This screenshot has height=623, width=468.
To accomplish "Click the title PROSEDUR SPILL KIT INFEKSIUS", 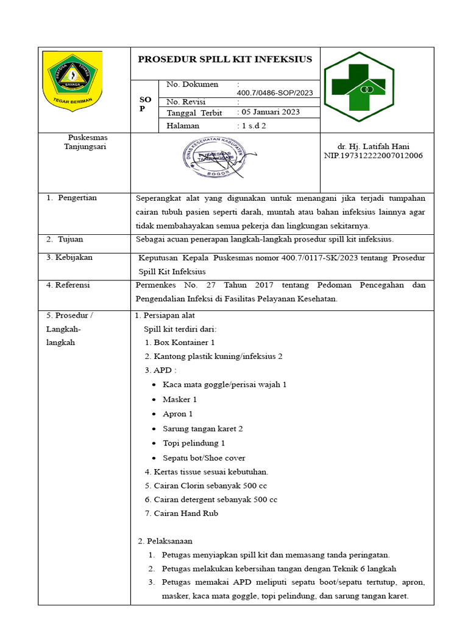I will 225,59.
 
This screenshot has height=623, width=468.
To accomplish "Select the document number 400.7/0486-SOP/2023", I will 277,92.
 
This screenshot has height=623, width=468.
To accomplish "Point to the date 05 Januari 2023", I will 271,113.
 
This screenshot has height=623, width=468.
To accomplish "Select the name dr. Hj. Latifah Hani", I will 373,147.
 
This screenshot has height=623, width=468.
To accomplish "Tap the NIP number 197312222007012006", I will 373,156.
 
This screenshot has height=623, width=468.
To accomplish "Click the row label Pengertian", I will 77,198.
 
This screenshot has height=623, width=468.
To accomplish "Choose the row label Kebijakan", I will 70,257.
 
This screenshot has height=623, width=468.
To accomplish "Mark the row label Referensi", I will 68,284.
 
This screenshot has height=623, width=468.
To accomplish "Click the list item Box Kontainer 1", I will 180,343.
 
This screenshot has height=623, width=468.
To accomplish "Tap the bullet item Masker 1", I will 180,400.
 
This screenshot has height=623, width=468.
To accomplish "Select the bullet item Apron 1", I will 178,414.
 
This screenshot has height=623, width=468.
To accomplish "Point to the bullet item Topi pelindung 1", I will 194,443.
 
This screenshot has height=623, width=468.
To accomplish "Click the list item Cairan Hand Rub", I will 182,513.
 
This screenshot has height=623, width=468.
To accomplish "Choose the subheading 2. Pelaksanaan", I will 165,541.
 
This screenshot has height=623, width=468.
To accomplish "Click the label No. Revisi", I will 186,102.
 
